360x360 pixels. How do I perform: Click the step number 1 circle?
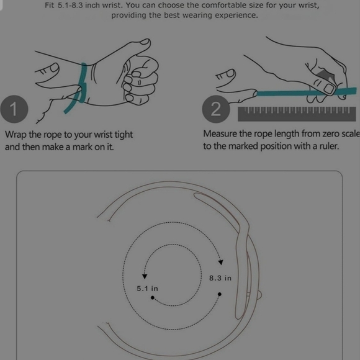pyautogui.click(x=14, y=109)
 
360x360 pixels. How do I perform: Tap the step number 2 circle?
pyautogui.click(x=216, y=109)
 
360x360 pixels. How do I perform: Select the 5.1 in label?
pyautogui.click(x=147, y=289)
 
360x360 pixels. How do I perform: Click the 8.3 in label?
pyautogui.click(x=220, y=278)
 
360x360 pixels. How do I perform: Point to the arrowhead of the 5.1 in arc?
pyautogui.click(x=145, y=276)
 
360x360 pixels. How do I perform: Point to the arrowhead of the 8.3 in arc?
pyautogui.click(x=220, y=262)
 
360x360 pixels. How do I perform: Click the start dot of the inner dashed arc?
pyautogui.click(x=153, y=298)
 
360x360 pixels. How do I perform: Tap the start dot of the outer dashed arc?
pyautogui.click(x=220, y=294)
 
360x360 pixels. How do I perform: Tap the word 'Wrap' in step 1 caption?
pyautogui.click(x=16, y=135)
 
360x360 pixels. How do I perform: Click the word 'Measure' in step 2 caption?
pyautogui.click(x=220, y=133)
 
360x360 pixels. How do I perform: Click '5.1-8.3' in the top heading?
pyautogui.click(x=70, y=5)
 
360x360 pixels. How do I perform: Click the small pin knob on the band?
pyautogui.click(x=259, y=295)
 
